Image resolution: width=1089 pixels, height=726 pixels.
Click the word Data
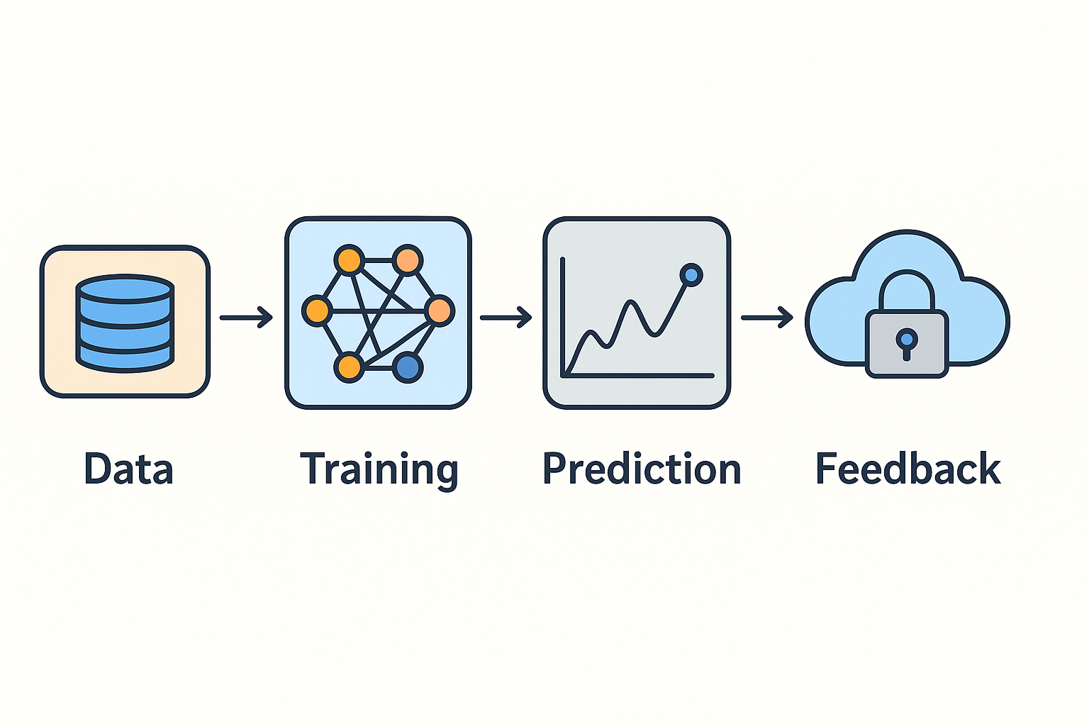pyautogui.click(x=128, y=469)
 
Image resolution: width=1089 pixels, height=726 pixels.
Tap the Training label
pyautogui.click(x=379, y=469)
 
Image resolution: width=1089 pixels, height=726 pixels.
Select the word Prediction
pyautogui.click(x=642, y=469)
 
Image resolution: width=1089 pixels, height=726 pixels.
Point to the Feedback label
pyautogui.click(x=907, y=469)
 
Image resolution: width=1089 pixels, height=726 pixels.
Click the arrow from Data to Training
pyautogui.click(x=246, y=318)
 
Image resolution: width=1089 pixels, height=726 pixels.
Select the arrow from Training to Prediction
pyautogui.click(x=506, y=318)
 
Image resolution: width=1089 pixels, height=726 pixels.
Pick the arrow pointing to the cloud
pyautogui.click(x=766, y=318)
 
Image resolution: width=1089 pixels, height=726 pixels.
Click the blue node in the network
pyautogui.click(x=408, y=367)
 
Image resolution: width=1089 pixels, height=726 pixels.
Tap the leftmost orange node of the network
pyautogui.click(x=316, y=311)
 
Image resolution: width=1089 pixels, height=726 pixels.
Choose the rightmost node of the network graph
pyautogui.click(x=440, y=311)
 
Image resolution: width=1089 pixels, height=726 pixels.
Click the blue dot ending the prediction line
pyautogui.click(x=691, y=274)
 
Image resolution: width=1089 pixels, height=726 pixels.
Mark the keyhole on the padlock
pyautogui.click(x=906, y=341)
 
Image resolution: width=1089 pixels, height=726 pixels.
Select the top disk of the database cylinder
pyautogui.click(x=125, y=289)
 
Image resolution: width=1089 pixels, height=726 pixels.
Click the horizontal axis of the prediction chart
pyautogui.click(x=638, y=375)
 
